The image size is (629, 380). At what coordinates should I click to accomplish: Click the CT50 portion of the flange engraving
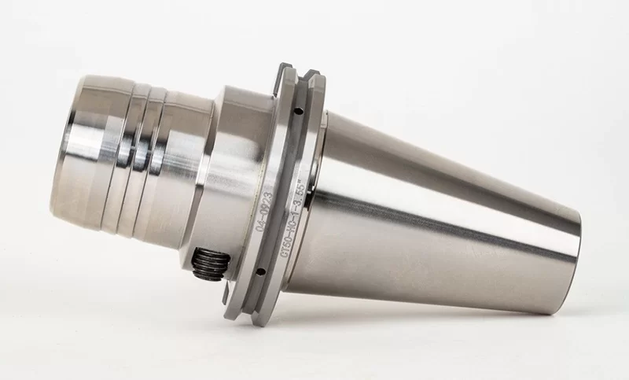pyautogui.click(x=285, y=245)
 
